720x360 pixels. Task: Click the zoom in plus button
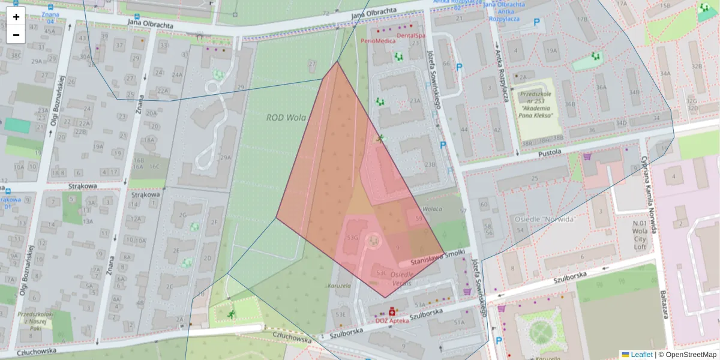16,17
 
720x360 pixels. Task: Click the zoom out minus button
16,35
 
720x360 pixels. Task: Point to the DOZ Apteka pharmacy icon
392,312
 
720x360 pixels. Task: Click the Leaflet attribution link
641,355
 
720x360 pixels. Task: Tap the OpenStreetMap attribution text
691,355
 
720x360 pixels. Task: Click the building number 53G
352,238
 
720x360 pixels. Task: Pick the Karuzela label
339,286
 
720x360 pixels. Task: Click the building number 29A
225,157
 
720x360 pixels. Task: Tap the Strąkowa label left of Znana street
83,186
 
